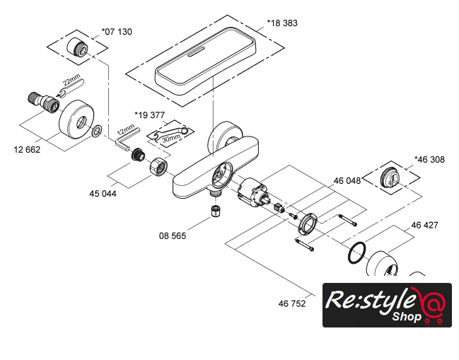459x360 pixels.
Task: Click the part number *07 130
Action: pos(117,32)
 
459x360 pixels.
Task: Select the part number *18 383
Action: pos(282,23)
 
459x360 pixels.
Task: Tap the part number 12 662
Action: pos(27,149)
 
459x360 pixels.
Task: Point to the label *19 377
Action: pos(149,115)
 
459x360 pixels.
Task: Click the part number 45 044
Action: pos(103,194)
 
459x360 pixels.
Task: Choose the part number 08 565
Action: pos(173,236)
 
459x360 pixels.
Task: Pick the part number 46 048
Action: pos(347,180)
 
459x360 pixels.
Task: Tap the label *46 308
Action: pos(429,160)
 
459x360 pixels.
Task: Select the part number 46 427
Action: pos(425,225)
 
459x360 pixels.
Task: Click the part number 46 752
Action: pos(292,303)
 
